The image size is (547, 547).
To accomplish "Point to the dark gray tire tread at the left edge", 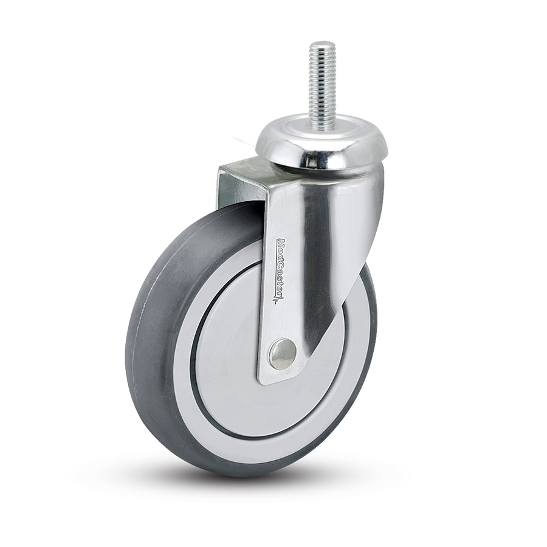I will coord(137,340).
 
